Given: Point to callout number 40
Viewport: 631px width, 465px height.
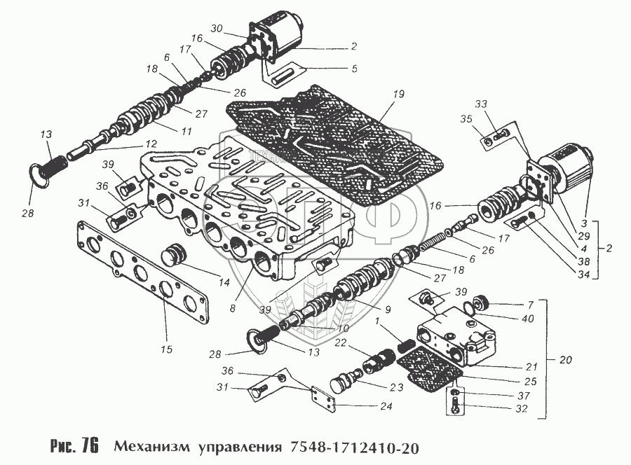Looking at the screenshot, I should pos(528,319).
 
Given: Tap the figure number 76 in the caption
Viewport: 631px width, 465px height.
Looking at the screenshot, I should pos(90,446).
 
